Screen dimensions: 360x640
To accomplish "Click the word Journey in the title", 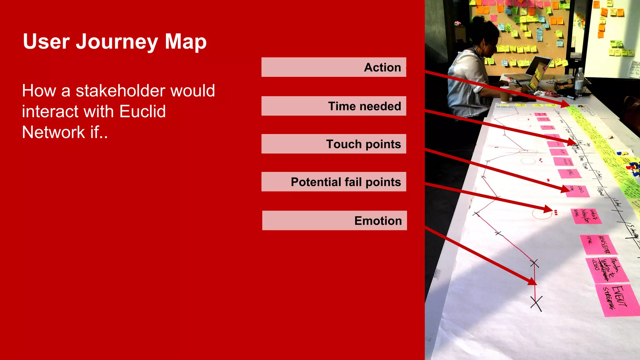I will click(x=117, y=42).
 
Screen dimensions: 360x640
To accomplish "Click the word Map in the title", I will click(x=186, y=42).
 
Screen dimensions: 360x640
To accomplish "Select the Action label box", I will click(x=334, y=67).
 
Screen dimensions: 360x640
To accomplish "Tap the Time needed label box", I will click(x=334, y=106).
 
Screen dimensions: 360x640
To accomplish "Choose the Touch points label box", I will click(x=334, y=144).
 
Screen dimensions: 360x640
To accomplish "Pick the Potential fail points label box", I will click(x=334, y=182).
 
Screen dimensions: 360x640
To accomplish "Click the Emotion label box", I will click(x=334, y=221).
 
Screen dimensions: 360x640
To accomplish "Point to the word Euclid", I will click(x=142, y=112).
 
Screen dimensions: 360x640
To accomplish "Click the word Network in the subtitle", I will click(x=53, y=132).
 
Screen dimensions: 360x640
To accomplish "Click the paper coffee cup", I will click(x=505, y=94).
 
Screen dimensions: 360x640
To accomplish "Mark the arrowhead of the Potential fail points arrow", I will click(x=548, y=209).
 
